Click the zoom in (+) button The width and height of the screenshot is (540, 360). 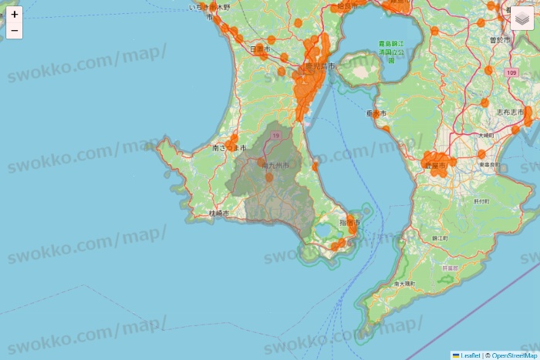pyautogui.click(x=15, y=15)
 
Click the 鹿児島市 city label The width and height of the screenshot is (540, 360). pyautogui.click(x=319, y=67)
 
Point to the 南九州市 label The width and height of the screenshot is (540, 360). pyautogui.click(x=275, y=165)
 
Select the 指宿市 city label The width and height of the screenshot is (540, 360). pyautogui.click(x=349, y=223)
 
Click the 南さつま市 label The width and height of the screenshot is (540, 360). pyautogui.click(x=229, y=147)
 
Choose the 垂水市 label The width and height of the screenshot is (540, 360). pyautogui.click(x=376, y=113)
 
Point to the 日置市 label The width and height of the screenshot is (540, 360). pyautogui.click(x=260, y=49)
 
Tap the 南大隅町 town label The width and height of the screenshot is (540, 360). pyautogui.click(x=404, y=284)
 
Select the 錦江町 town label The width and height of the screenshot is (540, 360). pyautogui.click(x=440, y=238)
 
